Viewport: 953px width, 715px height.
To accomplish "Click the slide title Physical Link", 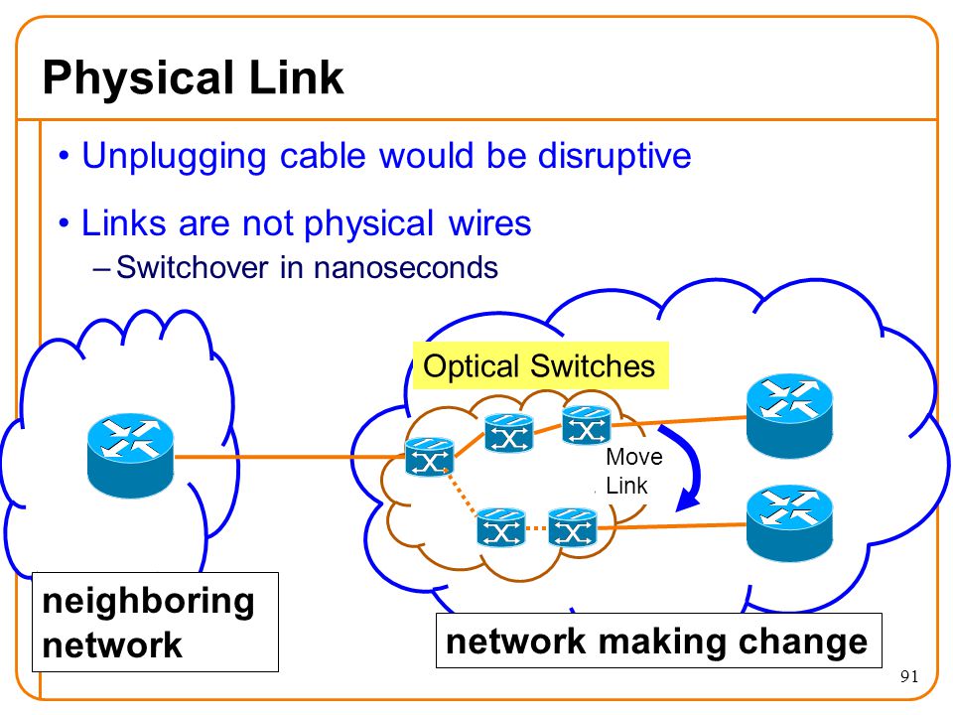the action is (194, 77).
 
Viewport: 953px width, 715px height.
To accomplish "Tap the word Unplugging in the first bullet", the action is (174, 157).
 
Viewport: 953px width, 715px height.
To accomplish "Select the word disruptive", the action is (614, 157).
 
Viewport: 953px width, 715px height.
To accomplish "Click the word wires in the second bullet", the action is (489, 222).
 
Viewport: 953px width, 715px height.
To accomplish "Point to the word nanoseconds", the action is (406, 267).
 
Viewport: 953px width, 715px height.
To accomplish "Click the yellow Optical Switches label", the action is (540, 366).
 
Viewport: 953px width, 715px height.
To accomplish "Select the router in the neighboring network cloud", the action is (131, 456).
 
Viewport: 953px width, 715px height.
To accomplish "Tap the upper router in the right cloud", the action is (789, 415).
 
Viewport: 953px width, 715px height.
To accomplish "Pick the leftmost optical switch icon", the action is (429, 457).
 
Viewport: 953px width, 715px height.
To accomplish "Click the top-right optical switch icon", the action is (586, 425).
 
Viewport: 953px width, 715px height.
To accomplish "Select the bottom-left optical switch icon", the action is (500, 527).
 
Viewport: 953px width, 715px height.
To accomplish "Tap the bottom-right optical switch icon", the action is (573, 527).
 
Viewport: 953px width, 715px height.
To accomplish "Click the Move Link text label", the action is (633, 471).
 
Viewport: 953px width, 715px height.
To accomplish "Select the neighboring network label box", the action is (155, 622).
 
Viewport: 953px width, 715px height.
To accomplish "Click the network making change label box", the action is (659, 641).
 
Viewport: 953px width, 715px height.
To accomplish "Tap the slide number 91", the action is (909, 676).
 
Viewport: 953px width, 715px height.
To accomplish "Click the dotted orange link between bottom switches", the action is (536, 528).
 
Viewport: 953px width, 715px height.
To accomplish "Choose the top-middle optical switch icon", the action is (508, 433).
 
